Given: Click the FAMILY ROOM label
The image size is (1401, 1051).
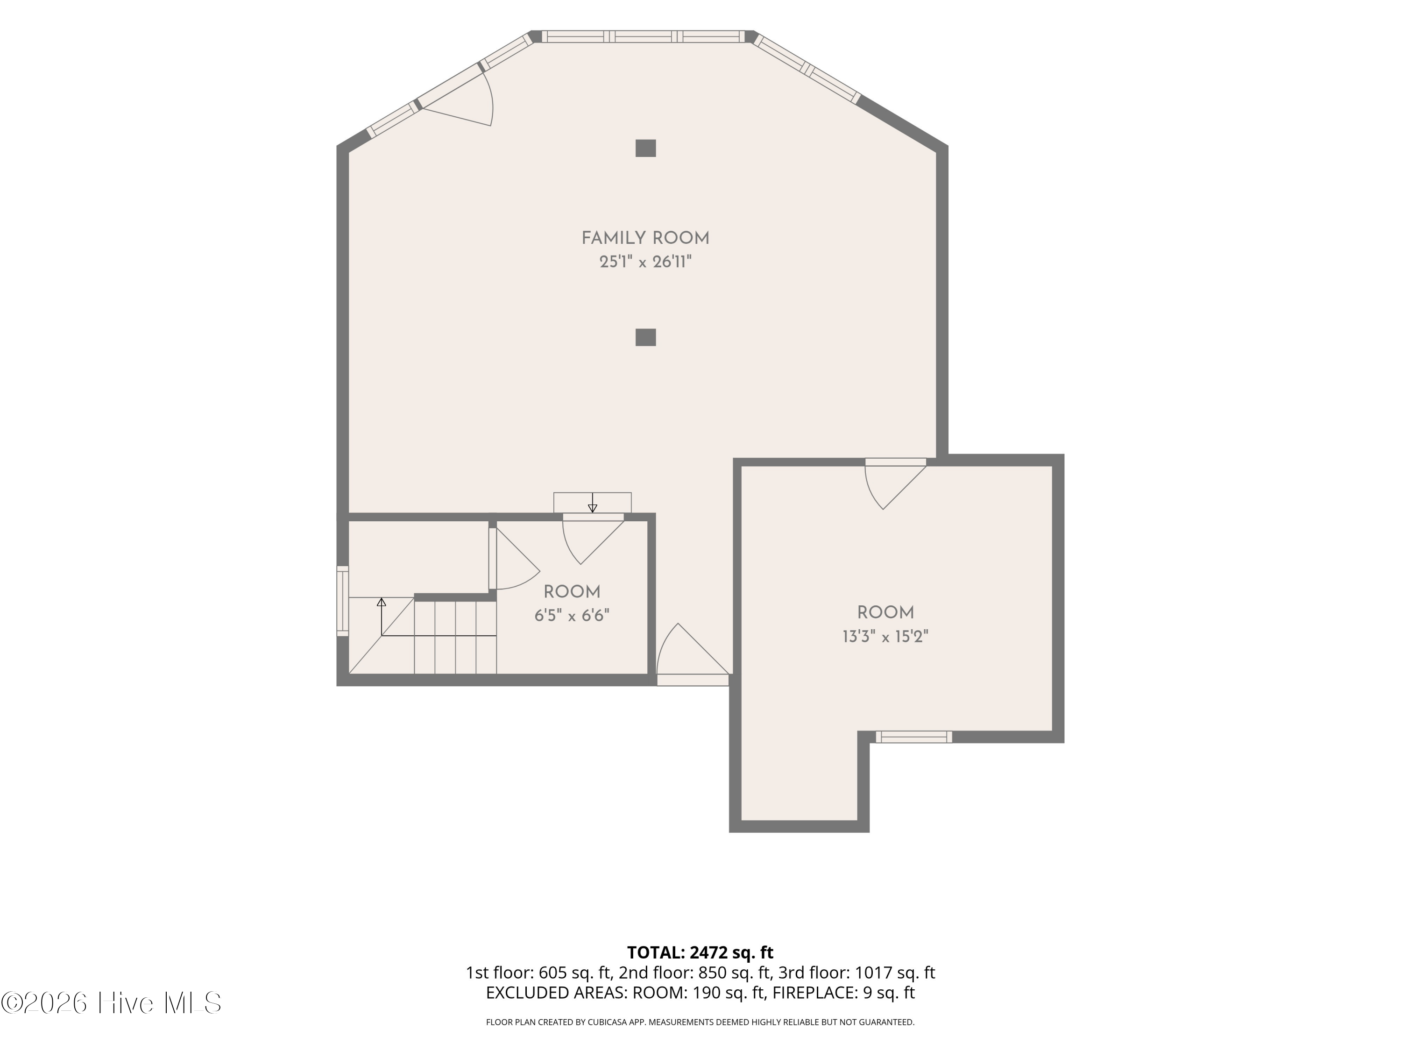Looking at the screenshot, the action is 645,238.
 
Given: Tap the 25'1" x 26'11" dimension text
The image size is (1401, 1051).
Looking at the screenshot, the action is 645,262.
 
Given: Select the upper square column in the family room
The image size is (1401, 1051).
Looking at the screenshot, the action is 645,148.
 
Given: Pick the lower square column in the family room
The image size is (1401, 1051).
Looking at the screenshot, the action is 645,337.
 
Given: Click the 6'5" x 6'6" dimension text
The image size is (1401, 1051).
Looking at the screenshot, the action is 572,615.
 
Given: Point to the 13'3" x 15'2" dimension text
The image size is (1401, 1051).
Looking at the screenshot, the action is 885,636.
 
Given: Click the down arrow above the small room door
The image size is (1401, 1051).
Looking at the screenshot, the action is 592,502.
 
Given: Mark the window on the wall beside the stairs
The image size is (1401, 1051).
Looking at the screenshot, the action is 342,601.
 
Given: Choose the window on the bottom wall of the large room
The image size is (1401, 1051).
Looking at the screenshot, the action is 913,737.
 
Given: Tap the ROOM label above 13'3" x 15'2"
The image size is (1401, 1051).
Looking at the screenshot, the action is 885,612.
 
